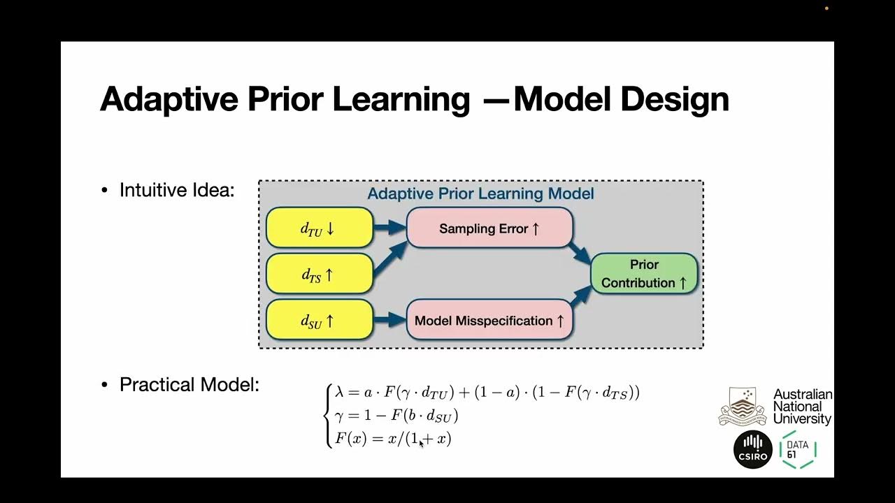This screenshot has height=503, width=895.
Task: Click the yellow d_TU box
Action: pyautogui.click(x=320, y=227)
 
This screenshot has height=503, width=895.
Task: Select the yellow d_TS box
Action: pyautogui.click(x=320, y=273)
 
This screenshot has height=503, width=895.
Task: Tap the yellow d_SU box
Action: pyautogui.click(x=320, y=319)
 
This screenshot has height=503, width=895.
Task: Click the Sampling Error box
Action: pyautogui.click(x=489, y=228)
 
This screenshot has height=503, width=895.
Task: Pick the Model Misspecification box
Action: pyautogui.click(x=489, y=321)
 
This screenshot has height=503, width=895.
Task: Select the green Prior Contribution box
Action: pyautogui.click(x=644, y=273)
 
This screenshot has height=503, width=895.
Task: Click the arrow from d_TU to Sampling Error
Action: pyautogui.click(x=389, y=226)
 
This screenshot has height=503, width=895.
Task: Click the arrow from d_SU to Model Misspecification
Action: pyautogui.click(x=389, y=320)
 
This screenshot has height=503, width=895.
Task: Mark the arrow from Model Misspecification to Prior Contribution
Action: pyautogui.click(x=580, y=296)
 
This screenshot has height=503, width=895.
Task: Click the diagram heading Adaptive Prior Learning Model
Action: pyautogui.click(x=480, y=194)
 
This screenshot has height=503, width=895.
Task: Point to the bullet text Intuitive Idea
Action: pyautogui.click(x=177, y=190)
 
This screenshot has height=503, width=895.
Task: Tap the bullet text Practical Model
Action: pyautogui.click(x=189, y=384)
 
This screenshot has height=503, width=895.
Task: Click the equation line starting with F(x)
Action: pyautogui.click(x=393, y=439)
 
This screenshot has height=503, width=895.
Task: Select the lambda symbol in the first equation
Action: pyautogui.click(x=341, y=393)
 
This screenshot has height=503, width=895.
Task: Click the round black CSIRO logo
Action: pyautogui.click(x=752, y=449)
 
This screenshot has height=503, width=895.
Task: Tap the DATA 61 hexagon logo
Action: pyautogui.click(x=797, y=449)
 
